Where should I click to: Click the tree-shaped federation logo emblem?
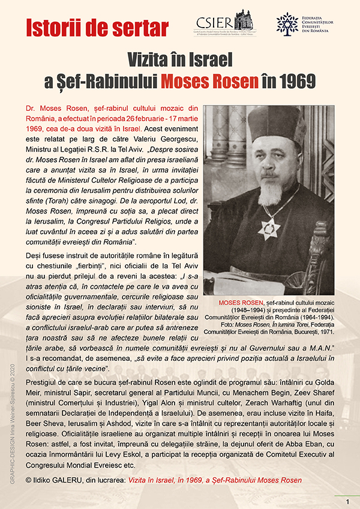287,23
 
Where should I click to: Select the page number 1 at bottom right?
347,501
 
